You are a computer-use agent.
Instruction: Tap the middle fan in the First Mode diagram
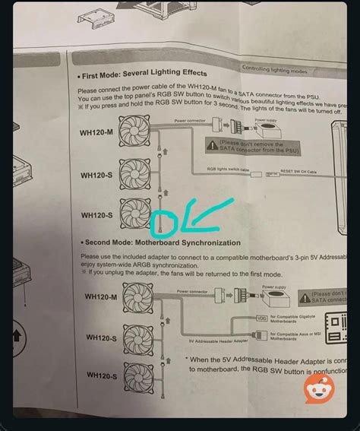(x=137, y=173)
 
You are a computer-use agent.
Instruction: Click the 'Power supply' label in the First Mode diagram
(x=266, y=119)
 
